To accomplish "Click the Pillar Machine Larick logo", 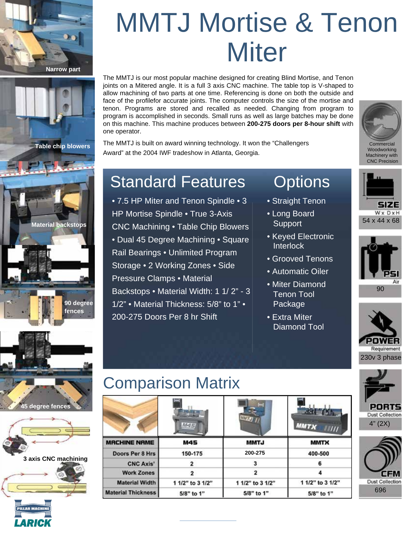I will click(x=33, y=513).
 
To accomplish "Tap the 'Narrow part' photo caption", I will click(x=63, y=69).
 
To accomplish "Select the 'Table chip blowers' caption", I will click(x=62, y=146).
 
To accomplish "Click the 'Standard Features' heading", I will click(x=178, y=182).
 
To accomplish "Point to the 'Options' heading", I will click(x=302, y=182).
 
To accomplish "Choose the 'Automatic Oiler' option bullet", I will click(x=300, y=271).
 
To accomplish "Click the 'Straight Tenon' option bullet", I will click(x=299, y=201).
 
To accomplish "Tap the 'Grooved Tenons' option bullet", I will click(x=302, y=259).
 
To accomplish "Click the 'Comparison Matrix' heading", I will click(x=171, y=383).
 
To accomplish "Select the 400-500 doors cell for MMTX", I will click(x=319, y=454).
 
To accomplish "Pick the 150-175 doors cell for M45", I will click(x=192, y=454).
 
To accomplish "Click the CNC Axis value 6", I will click(x=320, y=463).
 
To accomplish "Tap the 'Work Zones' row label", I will click(x=138, y=473).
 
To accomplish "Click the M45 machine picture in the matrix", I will click(x=191, y=416).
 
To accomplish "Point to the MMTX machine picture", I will click(x=320, y=416).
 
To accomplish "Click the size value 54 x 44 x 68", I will click(x=381, y=221).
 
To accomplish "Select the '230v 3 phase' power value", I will click(x=381, y=358).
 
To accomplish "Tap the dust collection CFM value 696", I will click(x=380, y=490).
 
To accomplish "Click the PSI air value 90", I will click(x=380, y=289).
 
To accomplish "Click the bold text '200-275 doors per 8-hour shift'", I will click(x=293, y=124).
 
